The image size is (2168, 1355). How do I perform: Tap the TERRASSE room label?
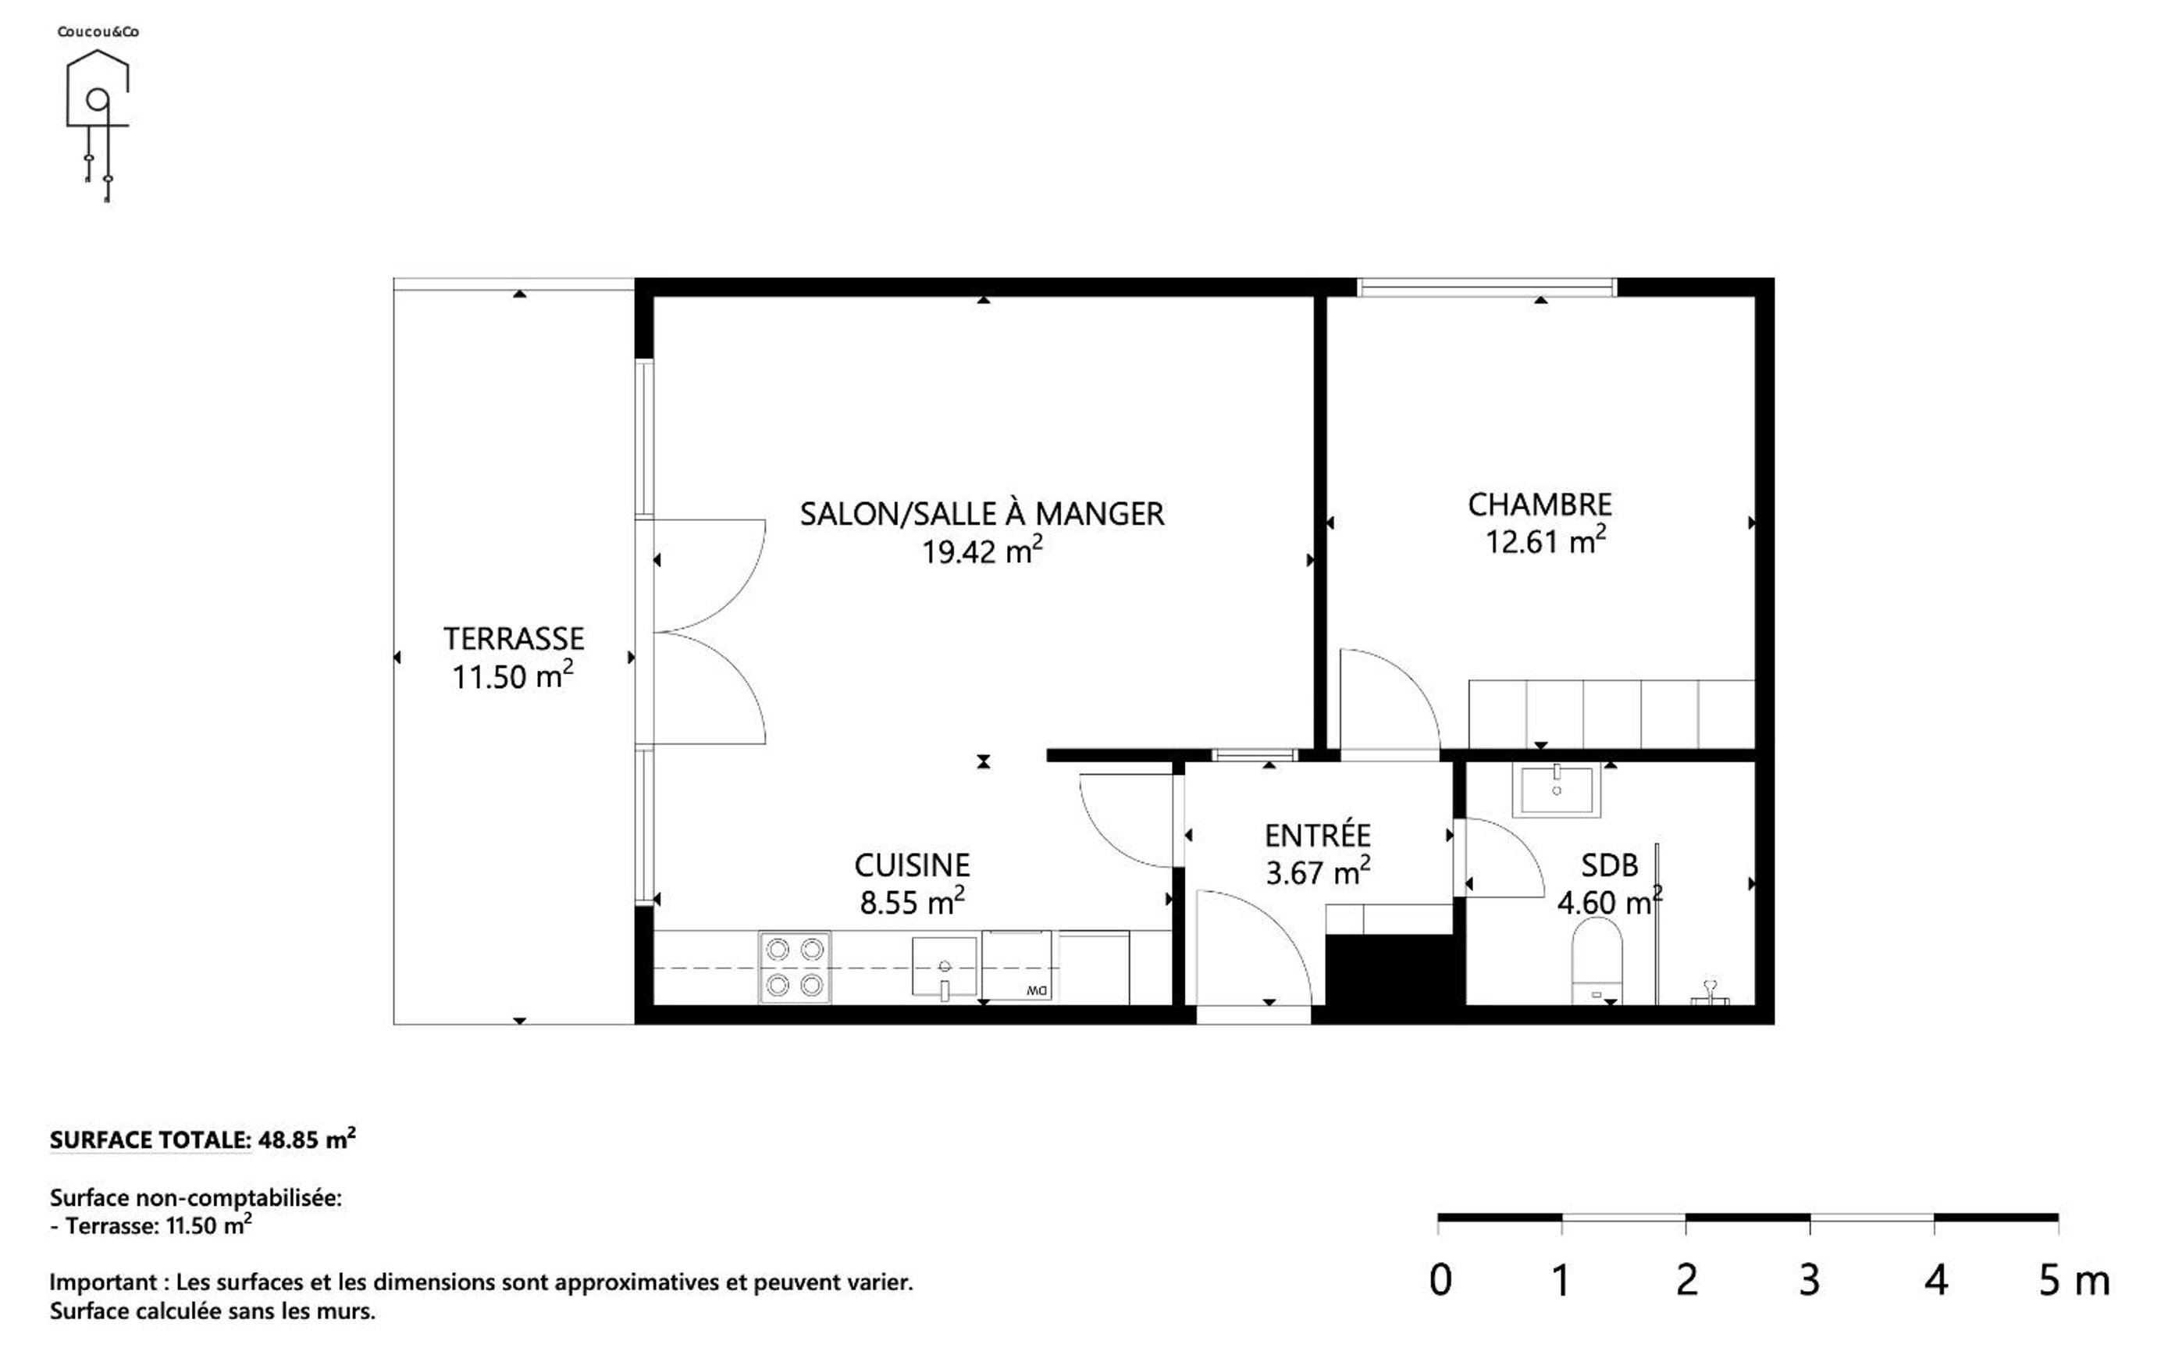click(x=514, y=639)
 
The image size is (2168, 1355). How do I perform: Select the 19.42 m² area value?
click(x=982, y=551)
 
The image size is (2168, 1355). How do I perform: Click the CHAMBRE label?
click(x=1539, y=505)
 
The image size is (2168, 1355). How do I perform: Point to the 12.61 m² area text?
click(x=1545, y=540)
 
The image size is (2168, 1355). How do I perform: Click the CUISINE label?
click(x=912, y=865)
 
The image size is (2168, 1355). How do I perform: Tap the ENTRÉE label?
click(x=1317, y=834)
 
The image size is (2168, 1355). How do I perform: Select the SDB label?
click(x=1609, y=865)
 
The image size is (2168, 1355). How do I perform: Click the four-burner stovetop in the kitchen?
click(x=795, y=968)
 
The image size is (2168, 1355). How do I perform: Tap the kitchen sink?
click(x=944, y=967)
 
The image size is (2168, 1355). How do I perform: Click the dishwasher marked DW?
click(x=1016, y=967)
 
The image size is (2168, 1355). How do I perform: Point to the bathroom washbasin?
click(x=1556, y=790)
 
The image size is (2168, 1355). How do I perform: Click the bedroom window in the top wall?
click(x=1486, y=287)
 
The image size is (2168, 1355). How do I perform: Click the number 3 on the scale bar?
click(x=1809, y=1281)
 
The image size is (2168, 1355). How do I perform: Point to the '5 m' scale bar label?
click(x=2074, y=1281)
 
